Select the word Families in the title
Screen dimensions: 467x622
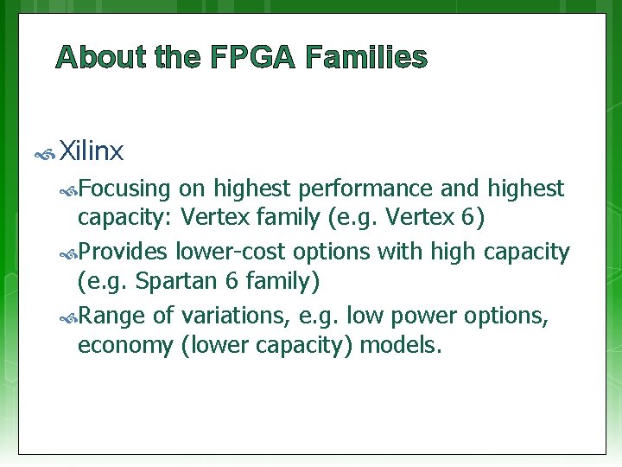click(x=366, y=58)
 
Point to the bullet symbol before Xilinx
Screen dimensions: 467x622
click(x=45, y=155)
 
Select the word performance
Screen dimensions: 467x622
click(x=381, y=189)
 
